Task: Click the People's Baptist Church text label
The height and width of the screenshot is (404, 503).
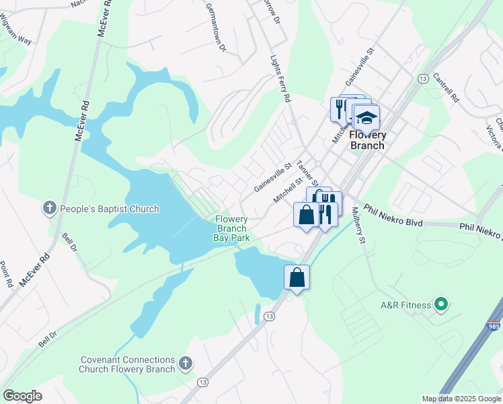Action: (110, 209)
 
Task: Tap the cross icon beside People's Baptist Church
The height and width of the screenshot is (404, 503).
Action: (49, 209)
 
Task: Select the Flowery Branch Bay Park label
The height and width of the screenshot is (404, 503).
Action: (232, 229)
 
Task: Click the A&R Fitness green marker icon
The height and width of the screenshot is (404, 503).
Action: (441, 305)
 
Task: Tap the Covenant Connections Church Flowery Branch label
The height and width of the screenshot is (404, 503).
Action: (127, 365)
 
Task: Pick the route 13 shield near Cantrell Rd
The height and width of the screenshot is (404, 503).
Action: (422, 79)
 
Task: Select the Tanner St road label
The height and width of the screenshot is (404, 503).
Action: (306, 174)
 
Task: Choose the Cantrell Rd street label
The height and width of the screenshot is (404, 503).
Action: (445, 88)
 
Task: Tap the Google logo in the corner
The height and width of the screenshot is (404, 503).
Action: (24, 396)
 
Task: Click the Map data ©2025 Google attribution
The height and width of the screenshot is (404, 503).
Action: (461, 399)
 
